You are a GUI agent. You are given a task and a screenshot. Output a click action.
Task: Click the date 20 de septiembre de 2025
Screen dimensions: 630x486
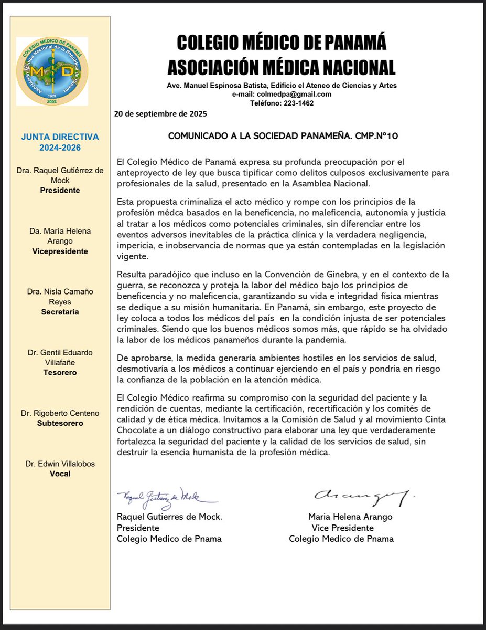coord(160,113)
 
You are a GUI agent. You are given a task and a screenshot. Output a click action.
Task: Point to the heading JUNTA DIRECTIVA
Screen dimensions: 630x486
coord(60,137)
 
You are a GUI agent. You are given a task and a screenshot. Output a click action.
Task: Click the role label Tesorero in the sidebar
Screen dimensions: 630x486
coord(60,372)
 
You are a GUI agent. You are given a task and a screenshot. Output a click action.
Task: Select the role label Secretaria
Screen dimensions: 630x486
coord(60,312)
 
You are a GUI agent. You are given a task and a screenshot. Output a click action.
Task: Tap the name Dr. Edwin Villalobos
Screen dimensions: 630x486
coord(60,464)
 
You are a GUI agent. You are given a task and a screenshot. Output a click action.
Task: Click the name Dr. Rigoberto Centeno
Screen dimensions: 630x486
coord(60,413)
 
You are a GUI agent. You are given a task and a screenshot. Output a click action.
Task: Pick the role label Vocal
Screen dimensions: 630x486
coord(60,474)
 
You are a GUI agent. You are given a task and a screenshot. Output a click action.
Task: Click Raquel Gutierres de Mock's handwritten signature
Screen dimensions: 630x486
coord(167,497)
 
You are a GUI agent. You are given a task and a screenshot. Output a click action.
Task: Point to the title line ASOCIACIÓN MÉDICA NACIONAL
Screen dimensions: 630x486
coord(281,67)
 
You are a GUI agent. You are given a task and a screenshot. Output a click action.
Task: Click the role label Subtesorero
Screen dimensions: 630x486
coord(60,423)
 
